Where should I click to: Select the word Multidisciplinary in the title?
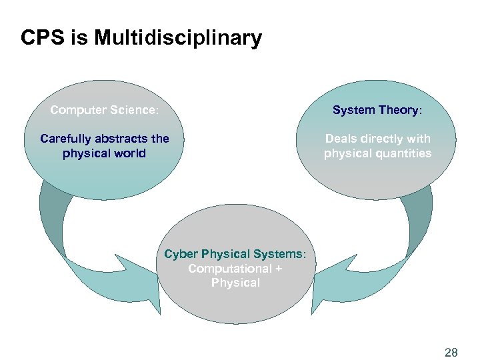click(178, 39)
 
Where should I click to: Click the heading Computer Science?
click(105, 110)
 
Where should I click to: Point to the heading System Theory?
click(377, 110)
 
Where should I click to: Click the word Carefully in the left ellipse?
click(66, 139)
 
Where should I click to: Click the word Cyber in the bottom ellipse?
click(181, 254)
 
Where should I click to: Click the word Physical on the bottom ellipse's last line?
click(235, 283)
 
